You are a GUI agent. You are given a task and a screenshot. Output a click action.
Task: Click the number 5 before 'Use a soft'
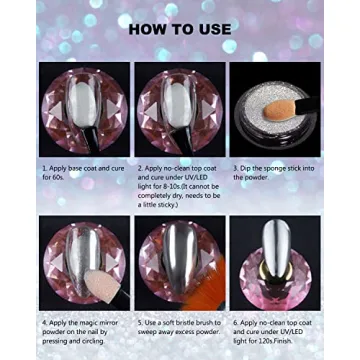click(139, 324)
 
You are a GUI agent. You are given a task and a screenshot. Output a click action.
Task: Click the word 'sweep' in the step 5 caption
click(149, 332)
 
